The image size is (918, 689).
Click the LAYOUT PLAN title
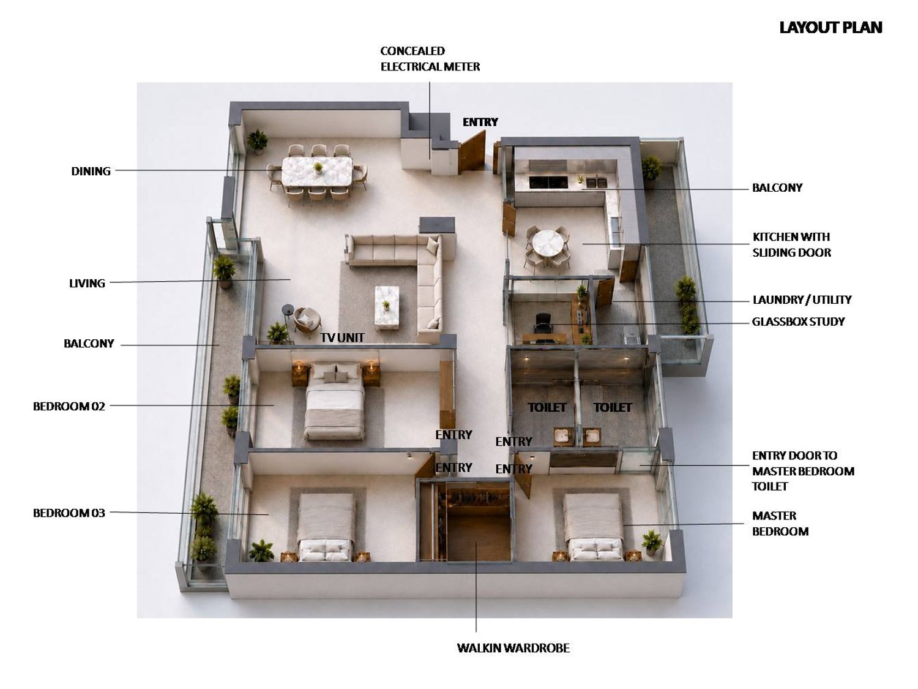830,28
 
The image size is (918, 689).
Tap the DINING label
91,171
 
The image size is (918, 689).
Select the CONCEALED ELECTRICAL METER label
430,59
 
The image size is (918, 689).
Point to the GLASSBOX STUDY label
798,322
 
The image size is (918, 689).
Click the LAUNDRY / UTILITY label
802,300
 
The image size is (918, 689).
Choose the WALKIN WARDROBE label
513,648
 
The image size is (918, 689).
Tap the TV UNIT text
342,337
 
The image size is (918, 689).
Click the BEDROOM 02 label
69,406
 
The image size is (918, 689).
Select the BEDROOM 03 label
69,513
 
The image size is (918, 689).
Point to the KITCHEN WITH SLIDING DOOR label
792,245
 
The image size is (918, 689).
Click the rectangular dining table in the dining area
316,172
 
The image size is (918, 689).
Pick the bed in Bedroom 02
333,401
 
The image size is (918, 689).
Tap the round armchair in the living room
307,322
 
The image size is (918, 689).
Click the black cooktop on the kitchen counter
548,182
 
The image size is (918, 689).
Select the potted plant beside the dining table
257,141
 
